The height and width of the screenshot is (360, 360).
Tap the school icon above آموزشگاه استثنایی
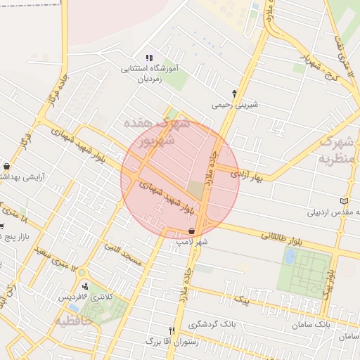point(148,58)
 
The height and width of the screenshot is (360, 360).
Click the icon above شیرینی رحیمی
point(235,93)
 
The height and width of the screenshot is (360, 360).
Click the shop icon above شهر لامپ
point(191,230)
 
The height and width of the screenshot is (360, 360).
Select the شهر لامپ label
point(192,241)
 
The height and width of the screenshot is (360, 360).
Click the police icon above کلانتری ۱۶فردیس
point(86,286)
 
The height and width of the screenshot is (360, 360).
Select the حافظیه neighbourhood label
point(73,321)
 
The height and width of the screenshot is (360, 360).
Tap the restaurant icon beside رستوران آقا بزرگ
point(172,330)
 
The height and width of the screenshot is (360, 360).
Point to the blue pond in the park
point(289,257)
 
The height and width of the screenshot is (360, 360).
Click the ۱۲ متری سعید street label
point(53,254)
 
